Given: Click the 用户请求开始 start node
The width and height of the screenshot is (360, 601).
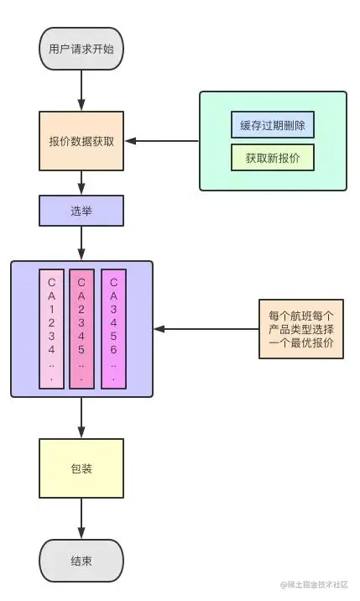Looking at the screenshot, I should pyautogui.click(x=81, y=50).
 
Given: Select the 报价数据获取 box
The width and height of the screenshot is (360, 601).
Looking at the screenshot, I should pyautogui.click(x=81, y=140).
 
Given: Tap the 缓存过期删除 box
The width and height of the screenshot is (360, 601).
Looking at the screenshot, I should pyautogui.click(x=273, y=125).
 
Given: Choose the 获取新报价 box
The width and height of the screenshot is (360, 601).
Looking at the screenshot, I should pyautogui.click(x=273, y=157).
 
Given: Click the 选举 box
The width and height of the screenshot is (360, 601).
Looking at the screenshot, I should pyautogui.click(x=81, y=211).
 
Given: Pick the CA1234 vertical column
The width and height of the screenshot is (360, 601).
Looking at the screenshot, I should pyautogui.click(x=51, y=329).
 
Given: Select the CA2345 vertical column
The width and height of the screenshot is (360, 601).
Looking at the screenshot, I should pyautogui.click(x=81, y=329).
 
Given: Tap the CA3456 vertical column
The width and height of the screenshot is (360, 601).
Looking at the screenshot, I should pyautogui.click(x=112, y=329).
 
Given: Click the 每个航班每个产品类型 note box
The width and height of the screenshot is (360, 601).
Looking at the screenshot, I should pyautogui.click(x=300, y=329).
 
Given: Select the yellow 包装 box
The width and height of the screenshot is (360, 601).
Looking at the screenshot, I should pyautogui.click(x=81, y=468).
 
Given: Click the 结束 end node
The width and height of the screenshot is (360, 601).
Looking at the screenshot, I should pyautogui.click(x=81, y=560).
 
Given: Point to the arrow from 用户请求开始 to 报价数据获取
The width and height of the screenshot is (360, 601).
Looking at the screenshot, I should pyautogui.click(x=81, y=89).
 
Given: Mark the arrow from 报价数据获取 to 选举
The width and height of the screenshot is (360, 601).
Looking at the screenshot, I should pyautogui.click(x=81, y=182).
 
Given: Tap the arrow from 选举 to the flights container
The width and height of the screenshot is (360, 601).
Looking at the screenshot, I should pyautogui.click(x=81, y=243).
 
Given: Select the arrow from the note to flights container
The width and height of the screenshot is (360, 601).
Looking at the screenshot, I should pyautogui.click(x=206, y=329).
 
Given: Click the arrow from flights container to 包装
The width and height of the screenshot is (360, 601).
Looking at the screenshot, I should pyautogui.click(x=81, y=417).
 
